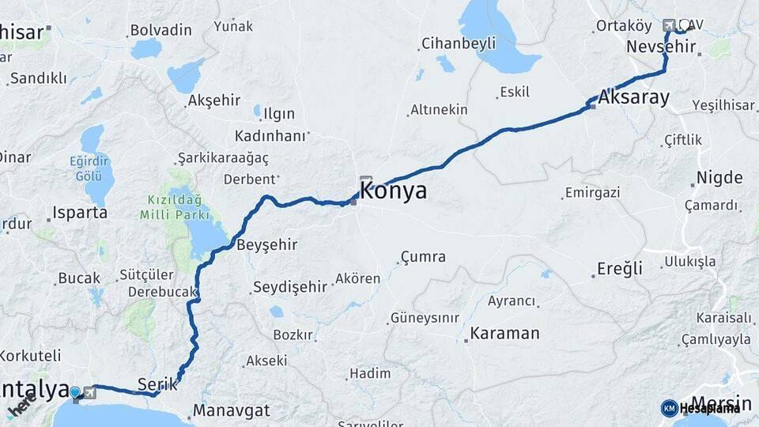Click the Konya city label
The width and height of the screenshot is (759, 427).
tap(393, 191)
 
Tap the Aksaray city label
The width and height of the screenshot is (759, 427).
tap(634, 98)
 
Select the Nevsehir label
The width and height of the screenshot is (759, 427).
tap(661, 47)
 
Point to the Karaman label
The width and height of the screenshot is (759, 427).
tap(504, 333)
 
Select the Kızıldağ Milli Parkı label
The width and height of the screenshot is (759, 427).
tap(175, 207)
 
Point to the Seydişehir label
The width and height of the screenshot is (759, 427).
tap(289, 287)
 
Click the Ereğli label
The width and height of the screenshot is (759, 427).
tap(620, 269)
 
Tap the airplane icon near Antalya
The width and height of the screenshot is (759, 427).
tap(89, 392)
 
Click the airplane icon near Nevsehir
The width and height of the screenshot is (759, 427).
tap(670, 25)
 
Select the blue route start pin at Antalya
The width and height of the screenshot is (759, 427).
tap(75, 391)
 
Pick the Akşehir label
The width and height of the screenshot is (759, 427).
tap(217, 101)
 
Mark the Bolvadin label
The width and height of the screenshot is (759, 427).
tap(160, 30)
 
